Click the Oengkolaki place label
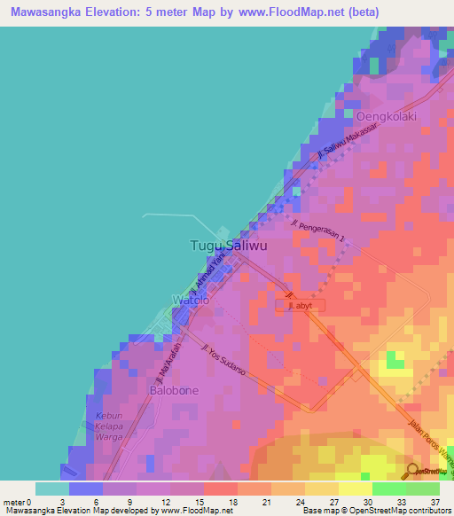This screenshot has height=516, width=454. [386, 116]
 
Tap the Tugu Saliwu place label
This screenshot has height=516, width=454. [224, 246]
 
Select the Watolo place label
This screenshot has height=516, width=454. [191, 301]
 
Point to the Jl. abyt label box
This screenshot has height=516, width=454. [301, 305]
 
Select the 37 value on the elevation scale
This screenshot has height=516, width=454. [434, 502]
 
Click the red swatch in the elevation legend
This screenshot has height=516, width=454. [221, 489]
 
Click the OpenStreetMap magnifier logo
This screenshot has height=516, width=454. [412, 470]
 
